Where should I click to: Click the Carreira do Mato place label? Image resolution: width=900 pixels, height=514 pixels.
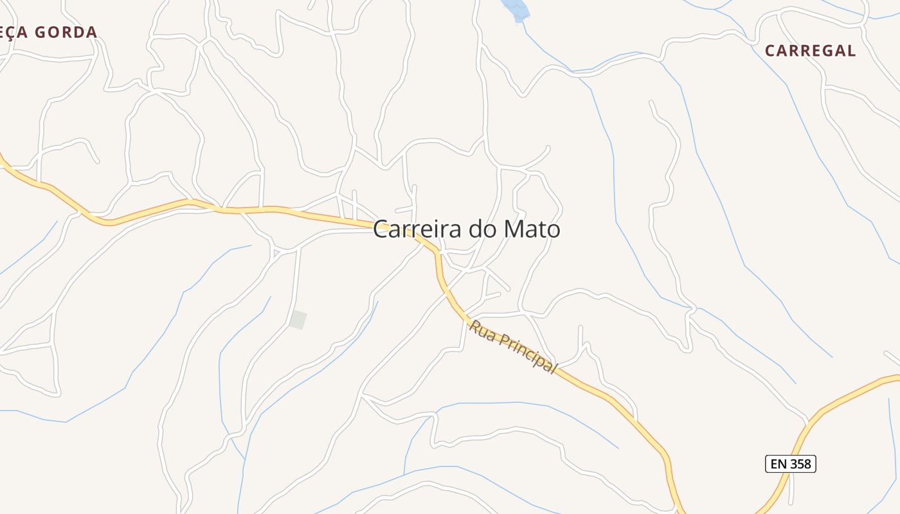point(466,229)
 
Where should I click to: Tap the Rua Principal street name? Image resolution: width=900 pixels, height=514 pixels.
point(512,347)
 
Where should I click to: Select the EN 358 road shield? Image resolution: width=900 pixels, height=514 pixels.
point(790,463)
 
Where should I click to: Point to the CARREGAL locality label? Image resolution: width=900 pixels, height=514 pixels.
point(810,51)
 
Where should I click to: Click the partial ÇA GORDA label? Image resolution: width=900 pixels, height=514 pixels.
point(48,32)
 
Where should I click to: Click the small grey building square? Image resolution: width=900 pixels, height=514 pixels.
point(298,319)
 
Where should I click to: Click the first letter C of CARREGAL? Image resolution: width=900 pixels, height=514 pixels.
point(770,51)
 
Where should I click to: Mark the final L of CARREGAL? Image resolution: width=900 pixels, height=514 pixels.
point(851,51)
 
